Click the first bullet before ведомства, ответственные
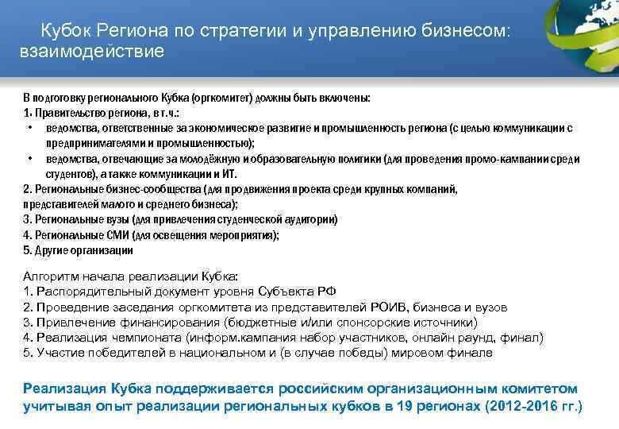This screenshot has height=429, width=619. (29, 127)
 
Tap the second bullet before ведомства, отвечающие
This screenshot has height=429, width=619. (29, 158)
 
